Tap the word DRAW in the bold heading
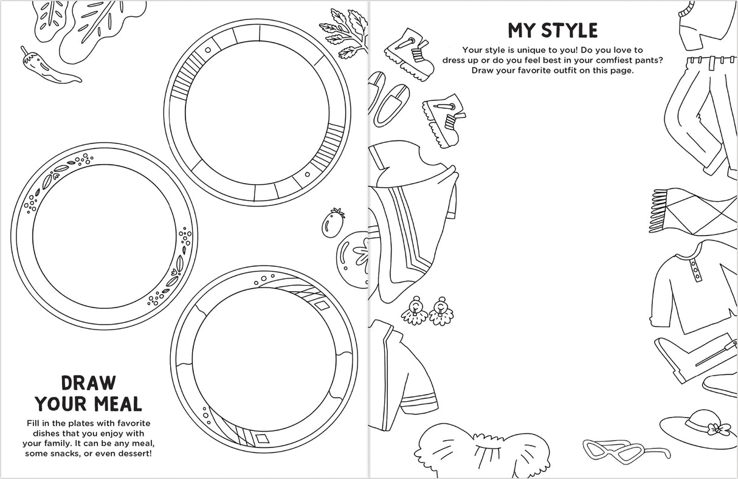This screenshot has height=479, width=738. coord(88,383)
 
